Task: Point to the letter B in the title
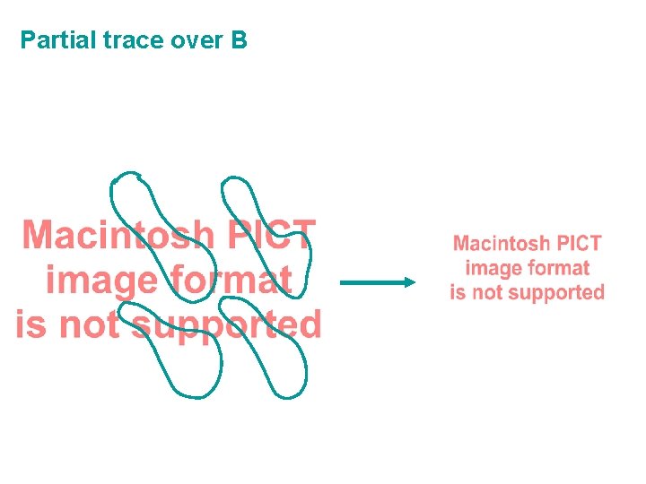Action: (239, 40)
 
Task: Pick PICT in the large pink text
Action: (269, 236)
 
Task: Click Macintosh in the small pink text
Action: (502, 243)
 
